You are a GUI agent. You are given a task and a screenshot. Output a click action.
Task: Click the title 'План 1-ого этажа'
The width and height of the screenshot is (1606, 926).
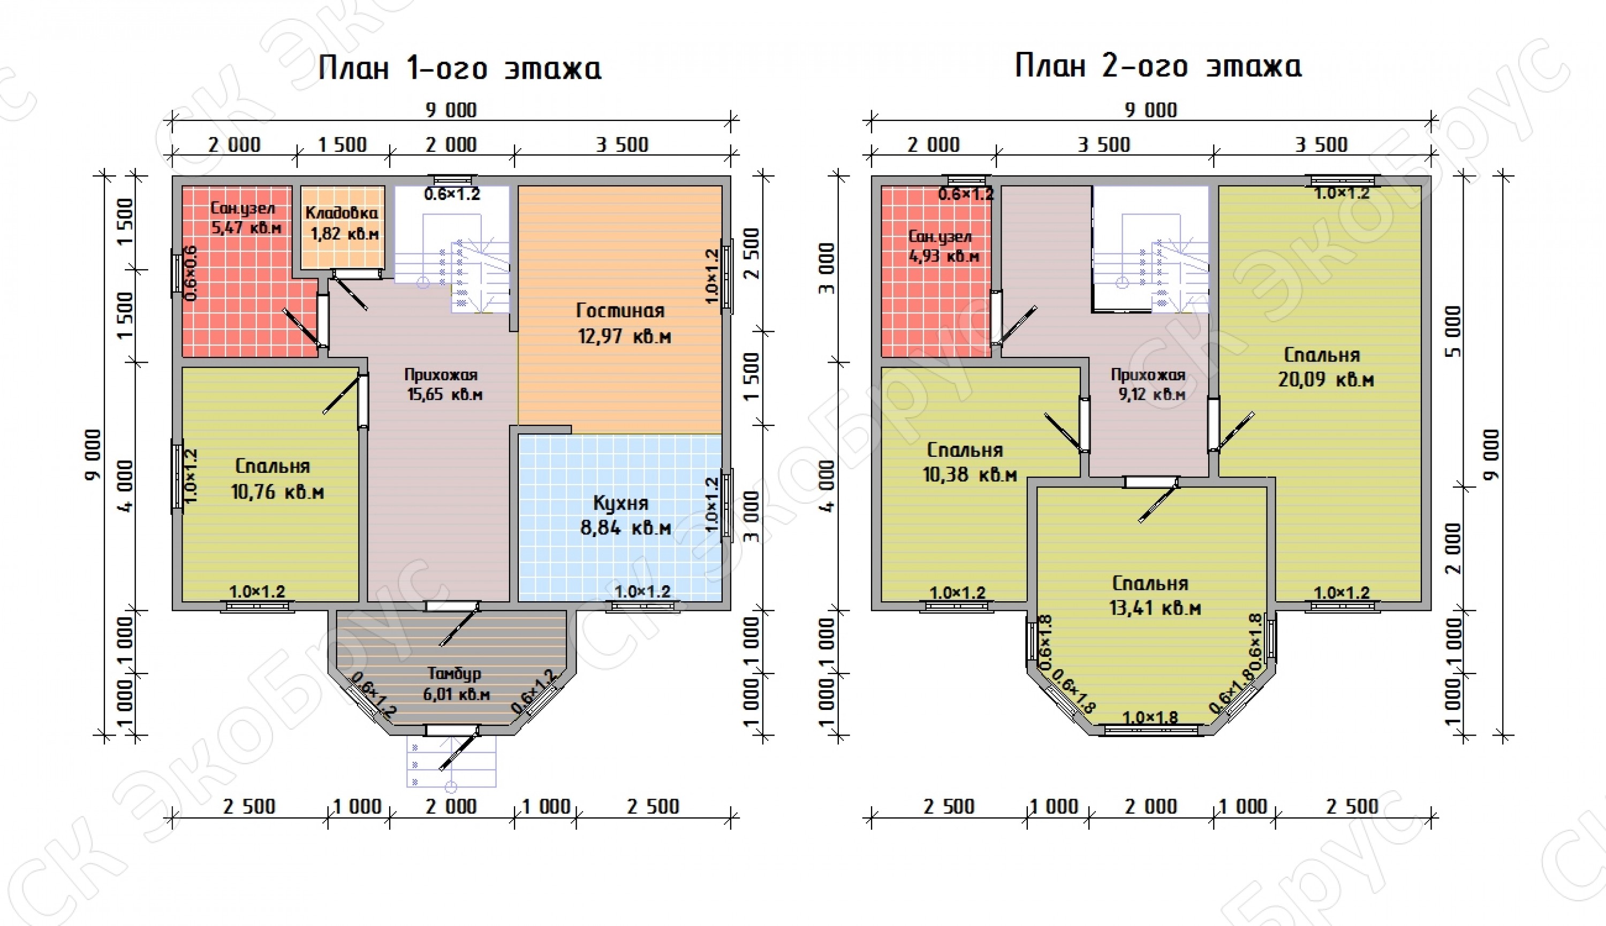pyautogui.click(x=459, y=67)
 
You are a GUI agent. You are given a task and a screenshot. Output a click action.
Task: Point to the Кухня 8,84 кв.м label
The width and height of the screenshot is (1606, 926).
pyautogui.click(x=624, y=516)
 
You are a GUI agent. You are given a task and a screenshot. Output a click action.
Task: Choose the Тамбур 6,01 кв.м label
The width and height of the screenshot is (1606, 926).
pyautogui.click(x=456, y=684)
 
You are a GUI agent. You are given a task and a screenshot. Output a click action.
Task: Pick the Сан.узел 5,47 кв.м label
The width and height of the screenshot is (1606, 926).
pyautogui.click(x=245, y=218)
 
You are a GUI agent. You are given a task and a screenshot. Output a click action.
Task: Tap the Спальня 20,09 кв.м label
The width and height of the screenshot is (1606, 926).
pyautogui.click(x=1326, y=367)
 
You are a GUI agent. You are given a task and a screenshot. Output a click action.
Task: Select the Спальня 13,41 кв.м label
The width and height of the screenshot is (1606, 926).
pyautogui.click(x=1155, y=596)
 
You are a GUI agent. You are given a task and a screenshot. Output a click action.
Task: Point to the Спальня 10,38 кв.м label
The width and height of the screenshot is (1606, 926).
pyautogui.click(x=969, y=462)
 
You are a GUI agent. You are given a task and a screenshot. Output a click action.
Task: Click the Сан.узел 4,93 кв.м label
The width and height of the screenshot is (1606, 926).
pyautogui.click(x=943, y=246)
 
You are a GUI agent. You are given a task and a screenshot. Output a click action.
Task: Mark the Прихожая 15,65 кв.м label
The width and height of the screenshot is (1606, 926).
pyautogui.click(x=443, y=384)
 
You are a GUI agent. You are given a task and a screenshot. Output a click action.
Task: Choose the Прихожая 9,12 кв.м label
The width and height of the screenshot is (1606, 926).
pyautogui.click(x=1150, y=384)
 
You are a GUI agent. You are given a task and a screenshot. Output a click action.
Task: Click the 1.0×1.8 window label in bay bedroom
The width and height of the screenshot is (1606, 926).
pyautogui.click(x=1150, y=718)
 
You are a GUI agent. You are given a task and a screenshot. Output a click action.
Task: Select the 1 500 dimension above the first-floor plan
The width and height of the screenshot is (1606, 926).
pyautogui.click(x=342, y=145)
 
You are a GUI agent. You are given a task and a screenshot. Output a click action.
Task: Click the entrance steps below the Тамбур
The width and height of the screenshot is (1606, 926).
pyautogui.click(x=451, y=762)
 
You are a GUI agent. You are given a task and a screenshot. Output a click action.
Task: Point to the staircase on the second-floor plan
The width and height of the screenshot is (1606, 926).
pyautogui.click(x=1150, y=250)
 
